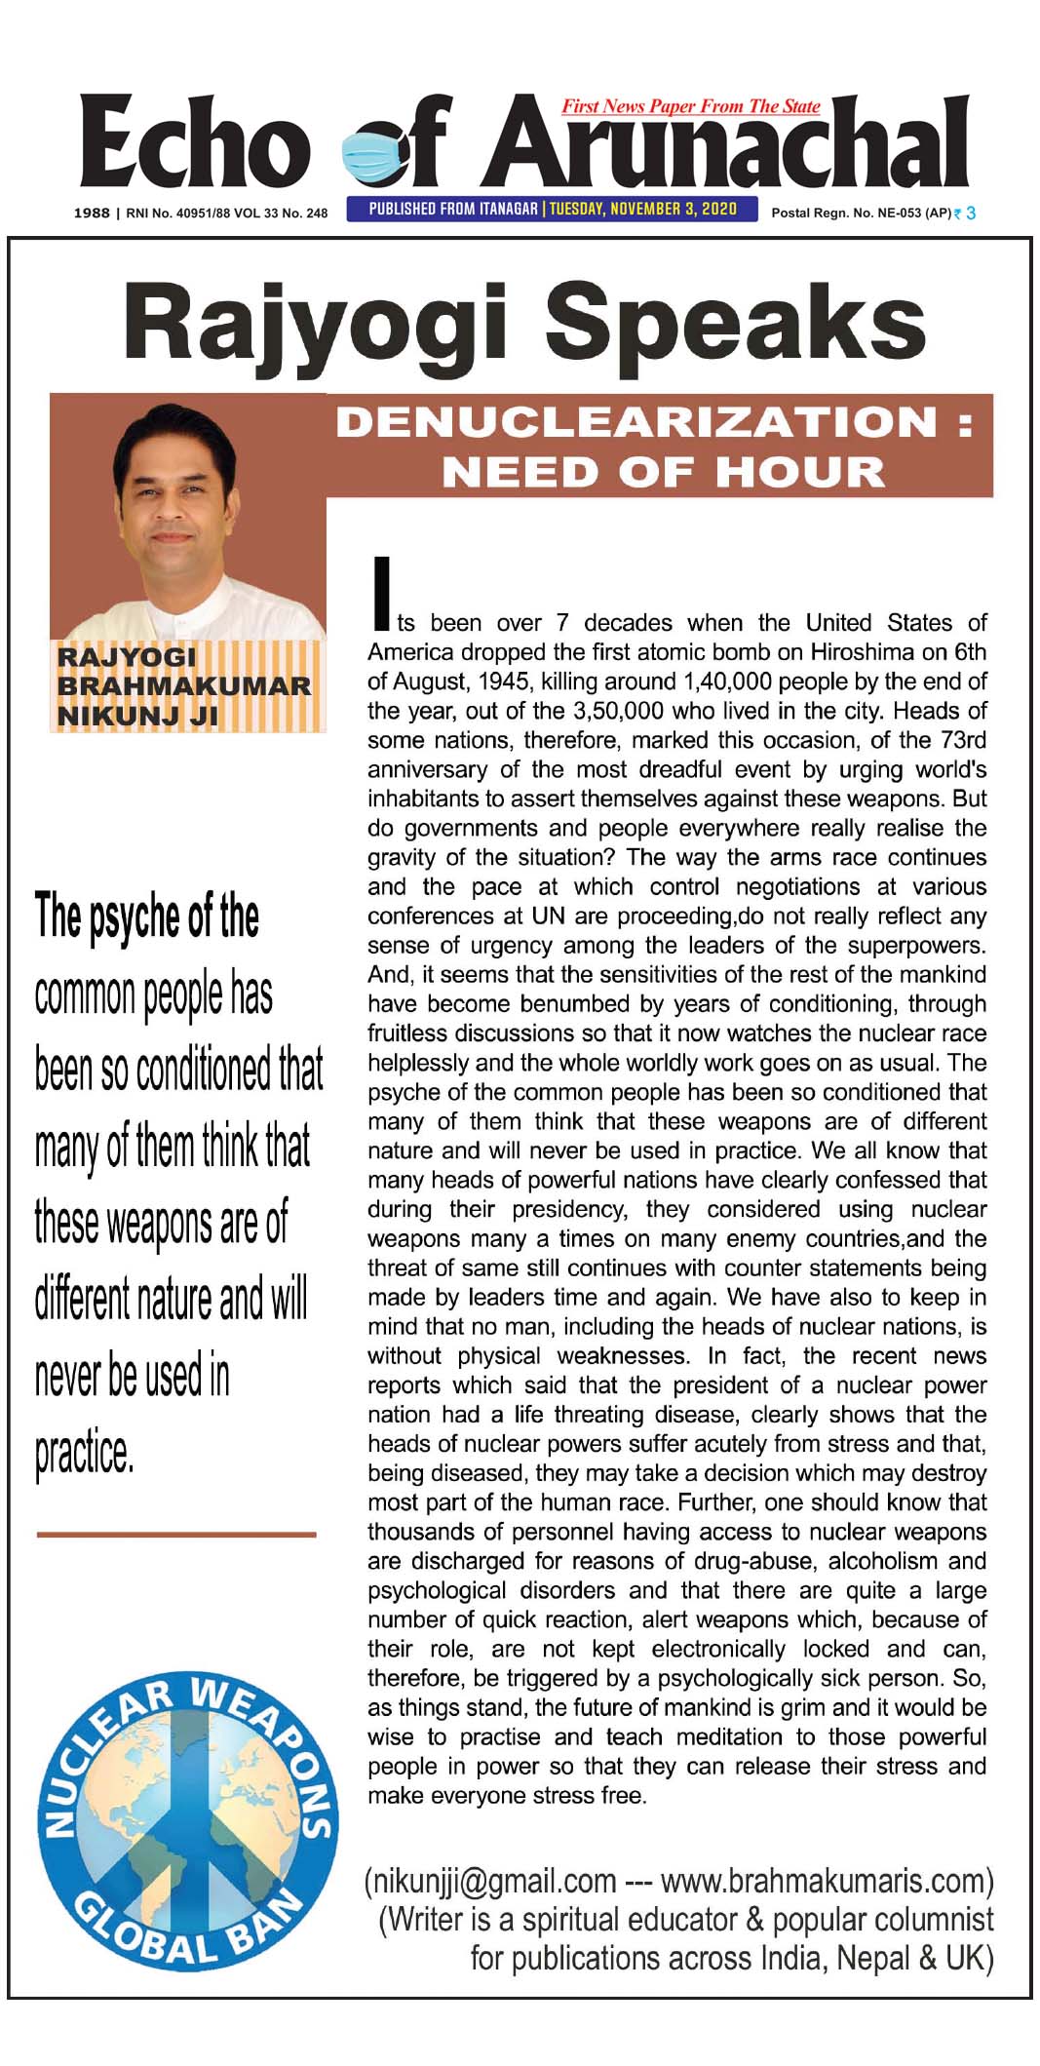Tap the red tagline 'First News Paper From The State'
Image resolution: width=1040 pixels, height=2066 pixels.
pyautogui.click(x=690, y=106)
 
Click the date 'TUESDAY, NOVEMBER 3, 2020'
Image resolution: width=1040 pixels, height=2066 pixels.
pyautogui.click(x=643, y=209)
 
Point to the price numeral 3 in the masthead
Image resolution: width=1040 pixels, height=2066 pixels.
pyautogui.click(x=971, y=213)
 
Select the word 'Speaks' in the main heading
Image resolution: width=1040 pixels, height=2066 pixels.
pyautogui.click(x=736, y=322)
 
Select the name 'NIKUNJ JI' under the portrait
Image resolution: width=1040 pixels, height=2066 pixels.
pyautogui.click(x=137, y=717)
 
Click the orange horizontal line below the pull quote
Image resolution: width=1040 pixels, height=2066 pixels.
pyautogui.click(x=176, y=1535)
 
